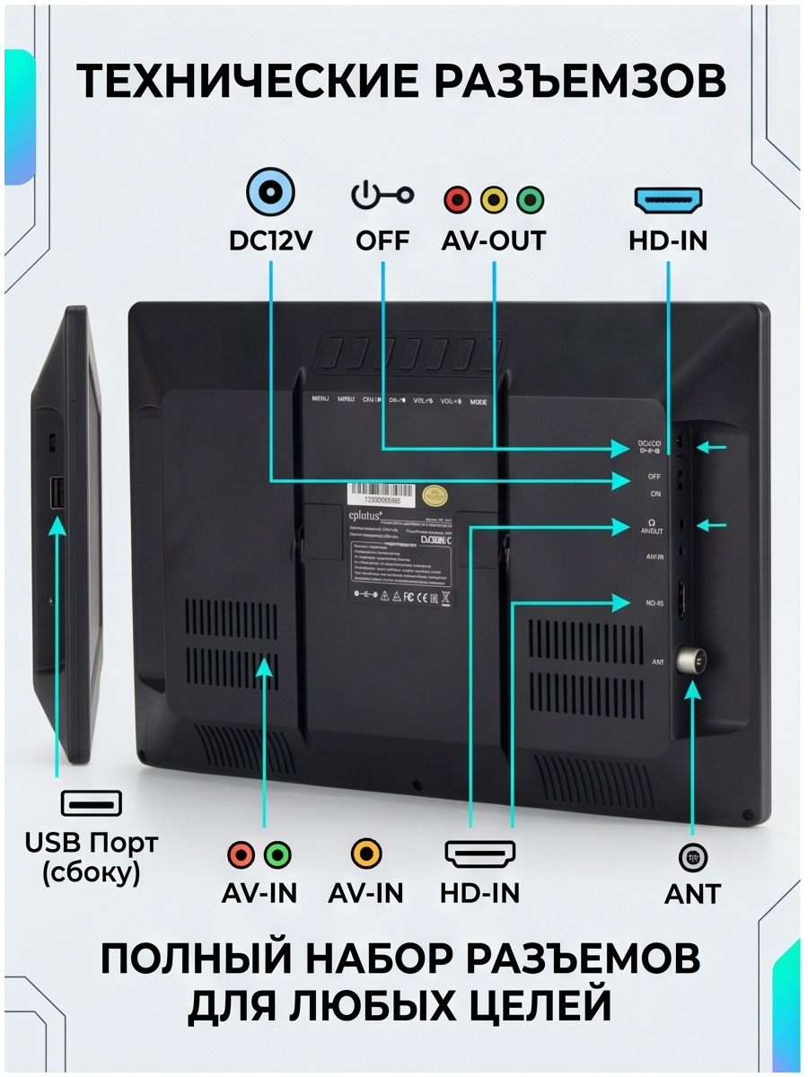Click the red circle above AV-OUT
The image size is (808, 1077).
pyautogui.click(x=458, y=199)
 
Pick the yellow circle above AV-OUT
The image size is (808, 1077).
pyautogui.click(x=494, y=199)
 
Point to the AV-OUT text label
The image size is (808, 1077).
pyautogui.click(x=494, y=241)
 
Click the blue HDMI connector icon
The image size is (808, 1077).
pyautogui.click(x=669, y=199)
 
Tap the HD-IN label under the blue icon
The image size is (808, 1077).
pyautogui.click(x=669, y=241)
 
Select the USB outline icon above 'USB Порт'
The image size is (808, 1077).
pyautogui.click(x=91, y=802)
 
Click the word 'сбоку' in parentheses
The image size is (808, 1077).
pyautogui.click(x=91, y=873)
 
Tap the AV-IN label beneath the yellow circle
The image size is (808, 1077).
pyautogui.click(x=365, y=893)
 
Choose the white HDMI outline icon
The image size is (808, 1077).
pyautogui.click(x=480, y=854)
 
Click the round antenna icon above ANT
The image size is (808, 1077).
pyautogui.click(x=692, y=858)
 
